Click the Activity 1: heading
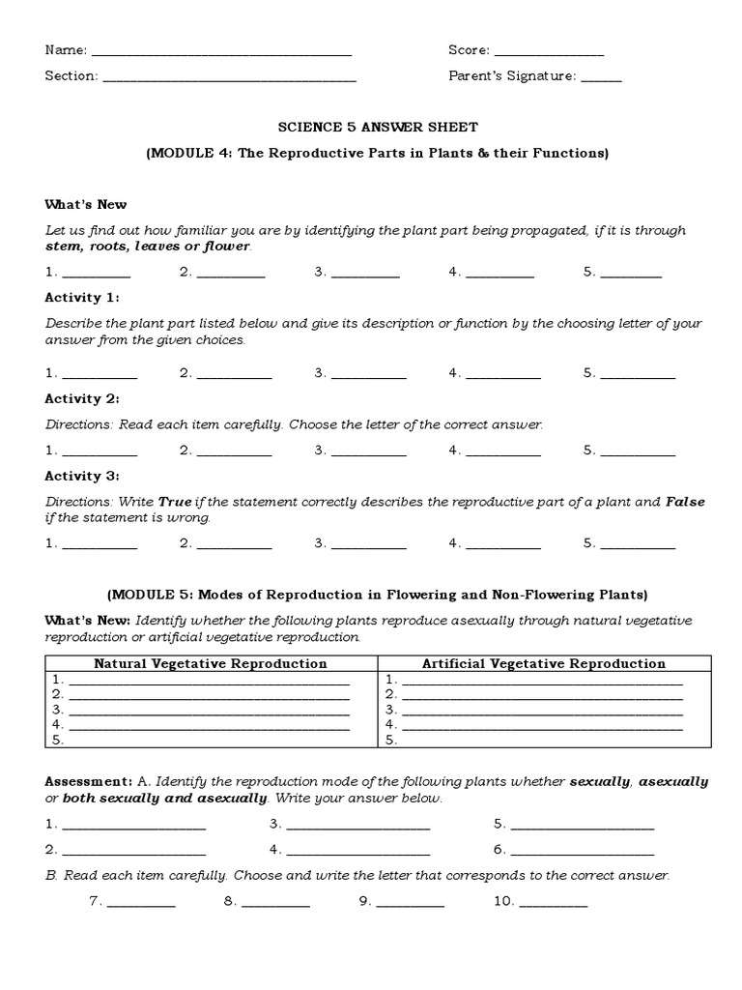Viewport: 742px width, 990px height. (x=82, y=298)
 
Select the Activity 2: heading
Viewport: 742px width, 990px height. (x=82, y=399)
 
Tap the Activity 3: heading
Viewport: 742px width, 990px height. (x=82, y=477)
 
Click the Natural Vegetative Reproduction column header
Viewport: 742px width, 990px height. (x=210, y=664)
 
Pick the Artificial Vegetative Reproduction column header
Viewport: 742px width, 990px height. (x=544, y=664)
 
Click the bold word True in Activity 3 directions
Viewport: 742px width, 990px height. (x=175, y=502)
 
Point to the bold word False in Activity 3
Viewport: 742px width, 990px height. (x=685, y=502)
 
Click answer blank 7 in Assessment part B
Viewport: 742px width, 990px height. (x=141, y=903)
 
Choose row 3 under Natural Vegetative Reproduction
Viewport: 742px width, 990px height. (x=210, y=710)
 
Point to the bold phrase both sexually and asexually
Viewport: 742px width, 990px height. (x=164, y=800)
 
